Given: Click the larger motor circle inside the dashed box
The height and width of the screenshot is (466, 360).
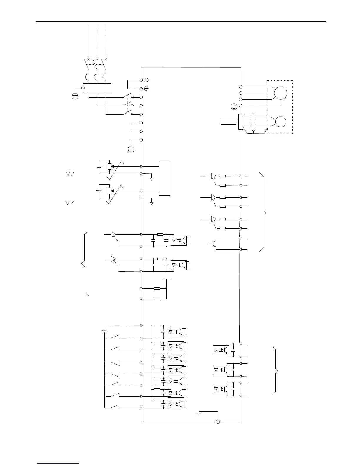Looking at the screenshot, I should point(281,93).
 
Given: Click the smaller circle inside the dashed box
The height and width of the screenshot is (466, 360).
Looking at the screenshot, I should point(281,122).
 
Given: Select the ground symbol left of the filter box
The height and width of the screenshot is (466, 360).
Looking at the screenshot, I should point(75,96).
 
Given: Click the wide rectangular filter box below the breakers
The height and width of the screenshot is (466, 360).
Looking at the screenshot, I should point(97,88).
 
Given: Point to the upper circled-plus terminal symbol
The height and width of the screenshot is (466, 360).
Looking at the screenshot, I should point(146,80).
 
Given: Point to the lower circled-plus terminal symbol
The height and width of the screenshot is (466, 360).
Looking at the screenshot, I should point(146,89).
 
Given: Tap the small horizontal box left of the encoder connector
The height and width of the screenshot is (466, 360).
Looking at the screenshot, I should point(228,121).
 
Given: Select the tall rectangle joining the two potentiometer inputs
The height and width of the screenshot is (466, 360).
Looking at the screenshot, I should point(164,178).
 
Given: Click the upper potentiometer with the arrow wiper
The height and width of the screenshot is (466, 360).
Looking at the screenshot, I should point(109,167).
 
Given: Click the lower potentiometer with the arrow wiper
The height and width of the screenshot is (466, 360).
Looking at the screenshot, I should point(109,191).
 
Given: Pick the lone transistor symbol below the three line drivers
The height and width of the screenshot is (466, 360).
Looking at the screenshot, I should point(214,244).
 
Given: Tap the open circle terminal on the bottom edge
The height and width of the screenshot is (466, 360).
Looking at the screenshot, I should point(218,422).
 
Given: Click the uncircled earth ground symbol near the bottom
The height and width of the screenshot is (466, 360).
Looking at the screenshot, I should point(199,414).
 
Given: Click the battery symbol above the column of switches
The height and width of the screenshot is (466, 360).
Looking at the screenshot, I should point(104,331).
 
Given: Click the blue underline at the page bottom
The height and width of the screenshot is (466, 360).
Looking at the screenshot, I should point(58,464).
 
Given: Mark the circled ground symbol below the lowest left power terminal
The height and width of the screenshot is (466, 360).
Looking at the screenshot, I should point(131,149).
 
